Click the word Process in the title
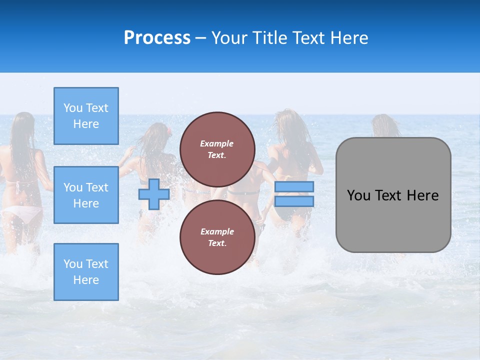157,38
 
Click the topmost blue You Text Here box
86,116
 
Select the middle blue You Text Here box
86,195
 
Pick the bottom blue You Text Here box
86,271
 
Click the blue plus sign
154,194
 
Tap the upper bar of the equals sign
294,186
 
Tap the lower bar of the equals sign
294,201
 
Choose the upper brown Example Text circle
217,149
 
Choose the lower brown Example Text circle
217,237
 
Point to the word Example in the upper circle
217,143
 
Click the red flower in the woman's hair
169,131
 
